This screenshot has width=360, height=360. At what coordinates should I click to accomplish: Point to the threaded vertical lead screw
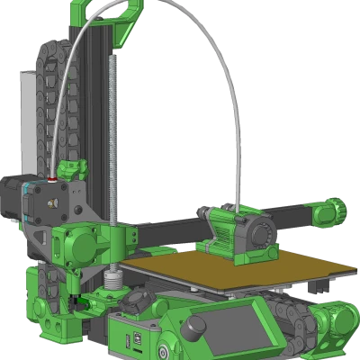112,135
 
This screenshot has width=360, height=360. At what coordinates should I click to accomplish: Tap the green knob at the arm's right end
334,210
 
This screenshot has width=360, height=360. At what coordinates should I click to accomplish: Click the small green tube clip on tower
71,168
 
